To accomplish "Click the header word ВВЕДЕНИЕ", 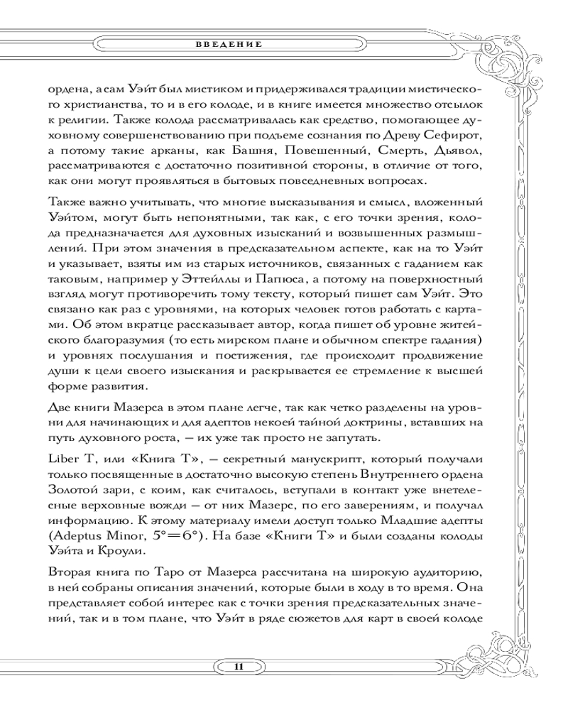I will pyautogui.click(x=229, y=44).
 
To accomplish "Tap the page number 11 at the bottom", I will pyautogui.click(x=239, y=665).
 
